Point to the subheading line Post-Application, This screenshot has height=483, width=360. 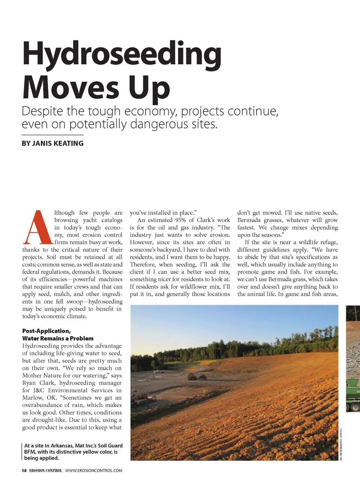coord(46,331)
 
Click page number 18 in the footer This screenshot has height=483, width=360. coord(24,471)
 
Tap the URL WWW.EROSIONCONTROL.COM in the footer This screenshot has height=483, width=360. coord(94,471)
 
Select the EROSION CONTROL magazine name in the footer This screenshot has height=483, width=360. coord(45,471)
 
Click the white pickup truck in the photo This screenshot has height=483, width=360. coord(159,371)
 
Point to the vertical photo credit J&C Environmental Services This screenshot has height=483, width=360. coord(341,444)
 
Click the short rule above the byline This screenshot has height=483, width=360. coord(52,135)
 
